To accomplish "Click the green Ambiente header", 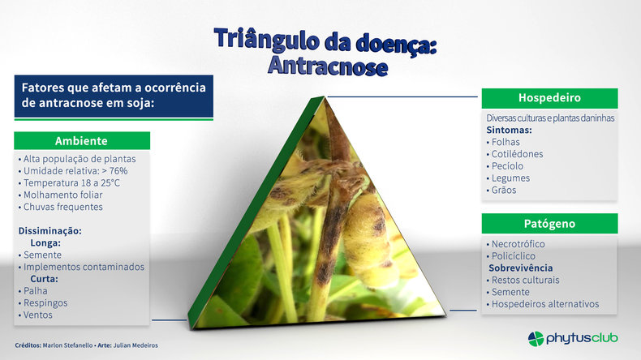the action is (82, 140).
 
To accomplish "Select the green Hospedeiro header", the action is (549, 98).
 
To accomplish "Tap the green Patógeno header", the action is (549, 224).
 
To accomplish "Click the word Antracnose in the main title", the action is (328, 66).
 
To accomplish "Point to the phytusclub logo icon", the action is (536, 339).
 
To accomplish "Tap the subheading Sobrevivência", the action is (520, 268).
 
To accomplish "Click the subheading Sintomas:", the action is (509, 131).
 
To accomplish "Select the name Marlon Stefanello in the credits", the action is (67, 345).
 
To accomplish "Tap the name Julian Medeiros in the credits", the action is (136, 345).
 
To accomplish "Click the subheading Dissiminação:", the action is (49, 231).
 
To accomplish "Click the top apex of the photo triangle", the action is (325, 96).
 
